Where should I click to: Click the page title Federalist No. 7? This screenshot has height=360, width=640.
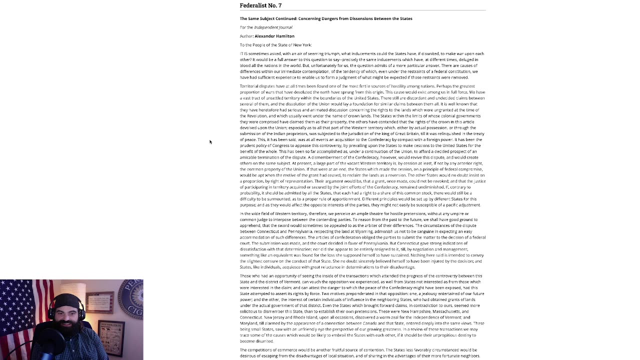pos(260,5)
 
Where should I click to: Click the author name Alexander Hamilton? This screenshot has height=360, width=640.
pos(274,36)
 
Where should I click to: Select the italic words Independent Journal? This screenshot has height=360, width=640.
pos(273,27)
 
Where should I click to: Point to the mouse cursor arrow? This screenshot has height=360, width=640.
pos(210,142)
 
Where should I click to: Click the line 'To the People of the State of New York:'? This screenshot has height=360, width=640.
pos(275,45)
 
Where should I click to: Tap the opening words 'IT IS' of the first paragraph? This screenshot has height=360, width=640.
pos(243,53)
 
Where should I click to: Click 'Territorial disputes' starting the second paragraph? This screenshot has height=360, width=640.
pos(256,86)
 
